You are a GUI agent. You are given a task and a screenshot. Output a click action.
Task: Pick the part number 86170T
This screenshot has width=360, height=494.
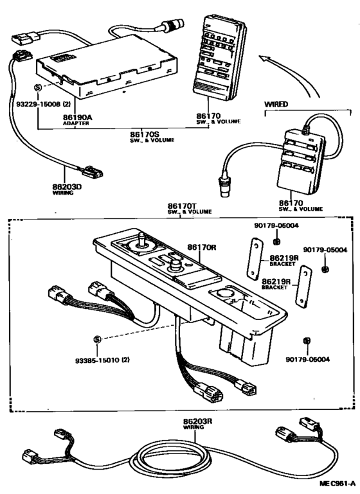(x=182, y=205)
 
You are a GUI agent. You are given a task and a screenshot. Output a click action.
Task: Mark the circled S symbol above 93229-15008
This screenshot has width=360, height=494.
(x=38, y=87)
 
